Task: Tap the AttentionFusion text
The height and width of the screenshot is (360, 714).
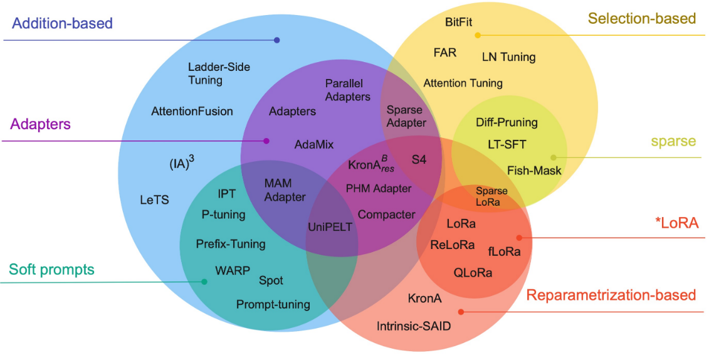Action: [x=192, y=111]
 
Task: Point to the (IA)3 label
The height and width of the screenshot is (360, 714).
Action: [x=181, y=164]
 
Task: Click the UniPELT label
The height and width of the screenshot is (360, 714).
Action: [x=330, y=227]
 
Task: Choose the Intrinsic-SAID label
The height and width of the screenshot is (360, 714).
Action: [x=414, y=326]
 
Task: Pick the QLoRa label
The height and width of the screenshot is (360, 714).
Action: [x=473, y=273]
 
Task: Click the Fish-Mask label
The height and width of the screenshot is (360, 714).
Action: [x=534, y=170]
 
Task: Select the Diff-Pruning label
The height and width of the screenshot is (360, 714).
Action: [x=507, y=122]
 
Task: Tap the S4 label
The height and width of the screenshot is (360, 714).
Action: [x=419, y=160]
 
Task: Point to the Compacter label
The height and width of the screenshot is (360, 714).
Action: [x=386, y=214]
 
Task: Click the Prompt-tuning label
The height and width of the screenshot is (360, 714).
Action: [x=273, y=305]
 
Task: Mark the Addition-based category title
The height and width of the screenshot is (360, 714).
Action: [x=63, y=24]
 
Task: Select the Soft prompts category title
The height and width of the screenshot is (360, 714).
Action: [x=51, y=270]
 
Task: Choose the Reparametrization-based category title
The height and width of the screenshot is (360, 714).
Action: [x=611, y=295]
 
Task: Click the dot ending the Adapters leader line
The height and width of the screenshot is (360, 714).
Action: [x=266, y=141]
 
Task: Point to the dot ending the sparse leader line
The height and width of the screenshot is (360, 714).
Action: [x=553, y=157]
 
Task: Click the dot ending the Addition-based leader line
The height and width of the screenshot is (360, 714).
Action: [x=276, y=40]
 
